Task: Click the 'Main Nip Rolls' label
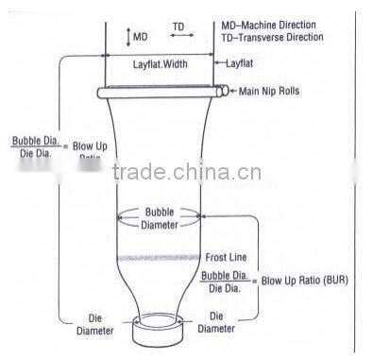[x=274, y=91]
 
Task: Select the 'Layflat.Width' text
[x=161, y=63]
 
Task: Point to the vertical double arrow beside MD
[x=128, y=37]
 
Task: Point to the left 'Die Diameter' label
[x=95, y=323]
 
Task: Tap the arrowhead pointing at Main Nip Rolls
[x=233, y=91]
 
